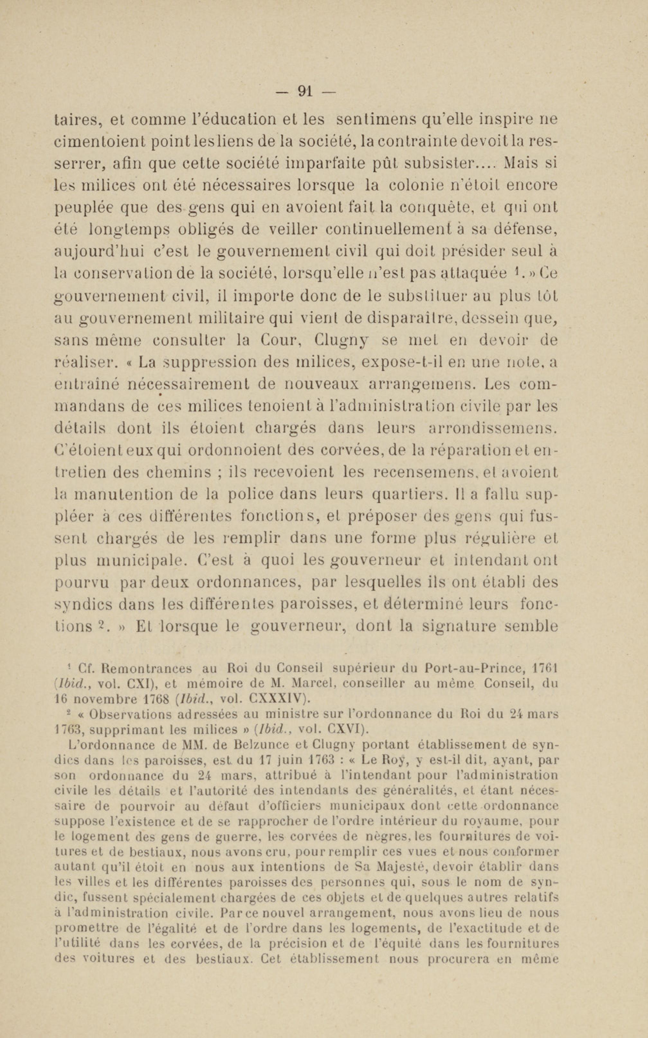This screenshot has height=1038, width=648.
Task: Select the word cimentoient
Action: tap(99, 141)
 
